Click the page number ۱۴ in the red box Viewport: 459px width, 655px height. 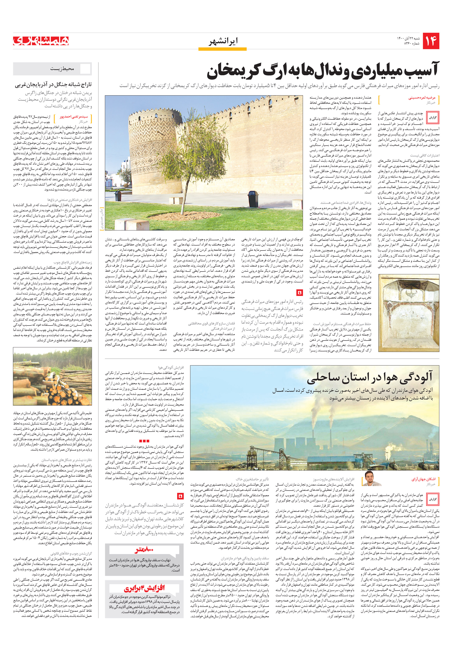tap(431, 41)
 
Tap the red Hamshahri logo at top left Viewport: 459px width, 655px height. tap(41, 41)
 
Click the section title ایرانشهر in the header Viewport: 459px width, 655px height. tap(223, 41)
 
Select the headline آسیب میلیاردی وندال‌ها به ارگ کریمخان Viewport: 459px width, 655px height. tap(323, 71)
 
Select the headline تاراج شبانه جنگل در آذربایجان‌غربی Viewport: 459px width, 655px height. tap(53, 85)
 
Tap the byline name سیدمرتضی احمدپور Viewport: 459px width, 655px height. tap(74, 117)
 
